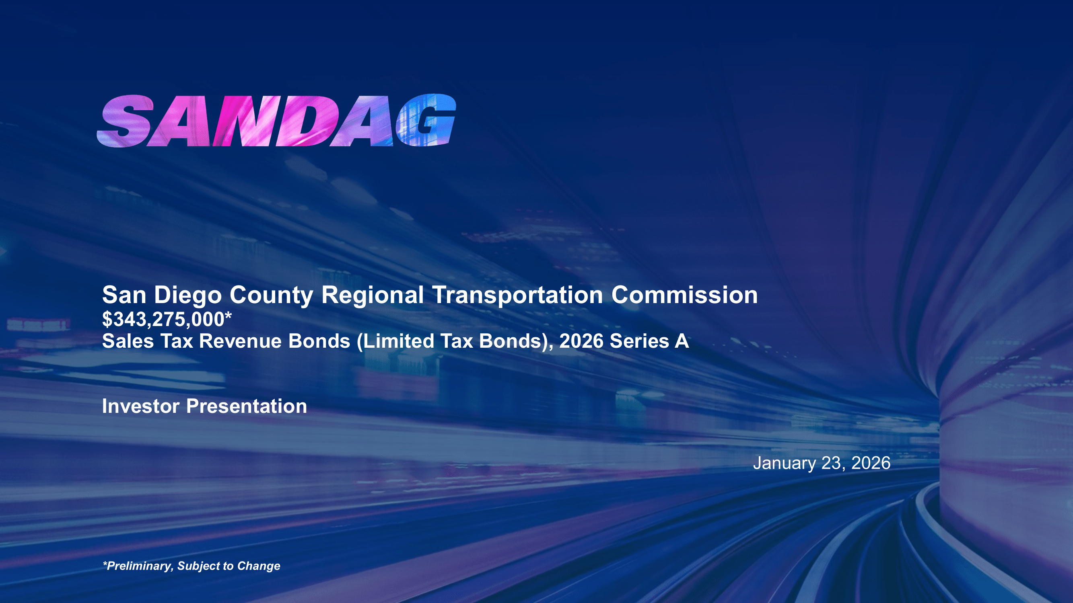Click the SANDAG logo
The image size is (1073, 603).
click(276, 121)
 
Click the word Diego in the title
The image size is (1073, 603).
click(188, 295)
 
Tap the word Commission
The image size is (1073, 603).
click(684, 295)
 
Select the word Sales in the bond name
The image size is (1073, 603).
click(128, 341)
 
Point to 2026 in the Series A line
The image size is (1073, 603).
click(581, 341)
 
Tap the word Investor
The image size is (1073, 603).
click(141, 406)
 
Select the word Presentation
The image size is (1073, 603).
click(247, 406)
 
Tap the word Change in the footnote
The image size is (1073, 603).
click(259, 566)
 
